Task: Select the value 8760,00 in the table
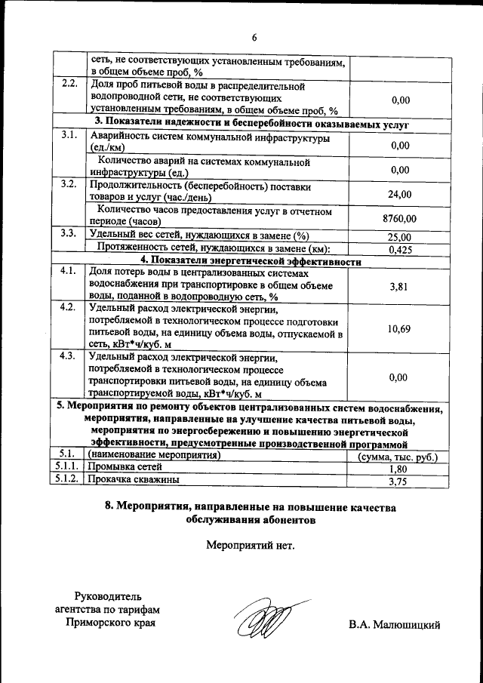click(x=399, y=219)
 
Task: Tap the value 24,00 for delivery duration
click(x=399, y=194)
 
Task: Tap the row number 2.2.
click(x=69, y=83)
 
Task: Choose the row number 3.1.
click(x=69, y=136)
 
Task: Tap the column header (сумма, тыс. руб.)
click(x=398, y=457)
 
